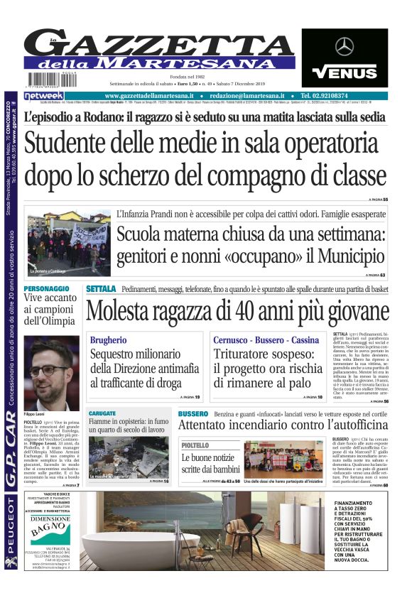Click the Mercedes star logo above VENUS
pyautogui.click(x=345, y=47)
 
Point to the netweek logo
pyautogui.click(x=43, y=96)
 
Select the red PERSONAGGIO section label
pyautogui.click(x=47, y=289)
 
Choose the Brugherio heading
pyautogui.click(x=109, y=341)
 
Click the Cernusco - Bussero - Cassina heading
pyautogui.click(x=266, y=341)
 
